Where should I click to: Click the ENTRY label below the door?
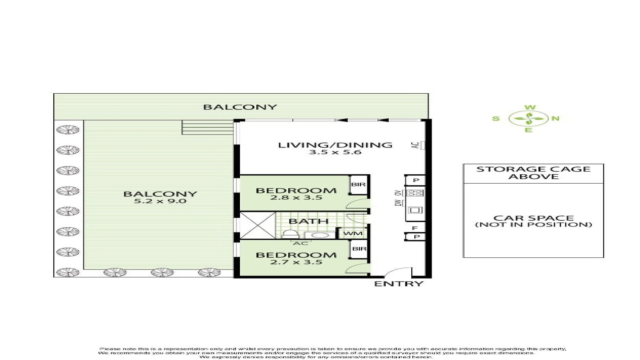[399, 284]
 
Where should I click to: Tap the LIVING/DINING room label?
[335, 145]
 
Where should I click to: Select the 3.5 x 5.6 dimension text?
[335, 152]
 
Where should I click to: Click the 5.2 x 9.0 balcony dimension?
[160, 201]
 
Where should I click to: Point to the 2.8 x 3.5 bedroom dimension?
[296, 198]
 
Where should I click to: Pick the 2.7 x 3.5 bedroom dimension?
[296, 262]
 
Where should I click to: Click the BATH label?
[308, 221]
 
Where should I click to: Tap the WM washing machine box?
[353, 233]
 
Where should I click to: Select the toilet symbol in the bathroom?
[290, 234]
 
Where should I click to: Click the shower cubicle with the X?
[258, 225]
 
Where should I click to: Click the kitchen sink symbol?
[415, 210]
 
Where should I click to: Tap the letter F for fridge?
[415, 228]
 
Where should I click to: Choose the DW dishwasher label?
[398, 203]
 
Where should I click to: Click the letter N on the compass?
[555, 118]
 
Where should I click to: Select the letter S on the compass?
[496, 119]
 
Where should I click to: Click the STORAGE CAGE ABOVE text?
[533, 173]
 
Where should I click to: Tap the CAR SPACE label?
[533, 218]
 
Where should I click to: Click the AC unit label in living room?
[415, 145]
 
